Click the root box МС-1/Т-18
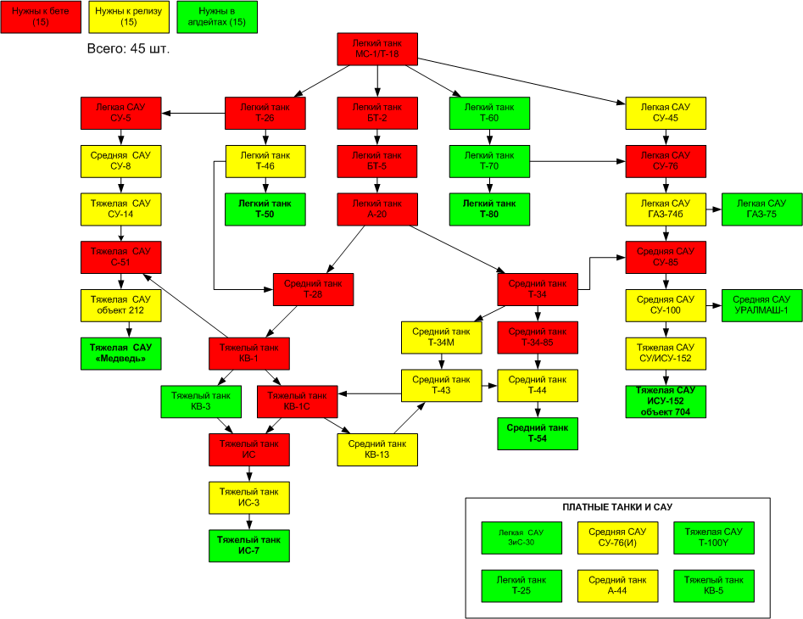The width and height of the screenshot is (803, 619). click(377, 49)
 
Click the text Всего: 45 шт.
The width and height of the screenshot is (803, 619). click(129, 49)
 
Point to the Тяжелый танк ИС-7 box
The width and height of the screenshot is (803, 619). click(249, 544)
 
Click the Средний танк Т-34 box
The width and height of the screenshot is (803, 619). click(537, 289)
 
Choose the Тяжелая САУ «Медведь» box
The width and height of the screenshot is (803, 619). click(120, 354)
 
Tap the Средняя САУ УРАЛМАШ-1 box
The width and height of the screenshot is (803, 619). click(761, 304)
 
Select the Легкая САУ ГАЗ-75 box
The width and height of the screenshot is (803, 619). click(761, 209)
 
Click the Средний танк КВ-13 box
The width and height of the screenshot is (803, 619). click(377, 449)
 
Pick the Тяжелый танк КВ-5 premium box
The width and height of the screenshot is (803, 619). click(713, 585)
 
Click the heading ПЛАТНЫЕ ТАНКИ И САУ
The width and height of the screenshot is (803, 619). click(617, 507)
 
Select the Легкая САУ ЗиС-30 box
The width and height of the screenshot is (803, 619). click(521, 538)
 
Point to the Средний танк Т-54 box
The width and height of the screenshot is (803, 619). click(537, 432)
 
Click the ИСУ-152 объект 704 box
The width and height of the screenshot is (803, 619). click(666, 401)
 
